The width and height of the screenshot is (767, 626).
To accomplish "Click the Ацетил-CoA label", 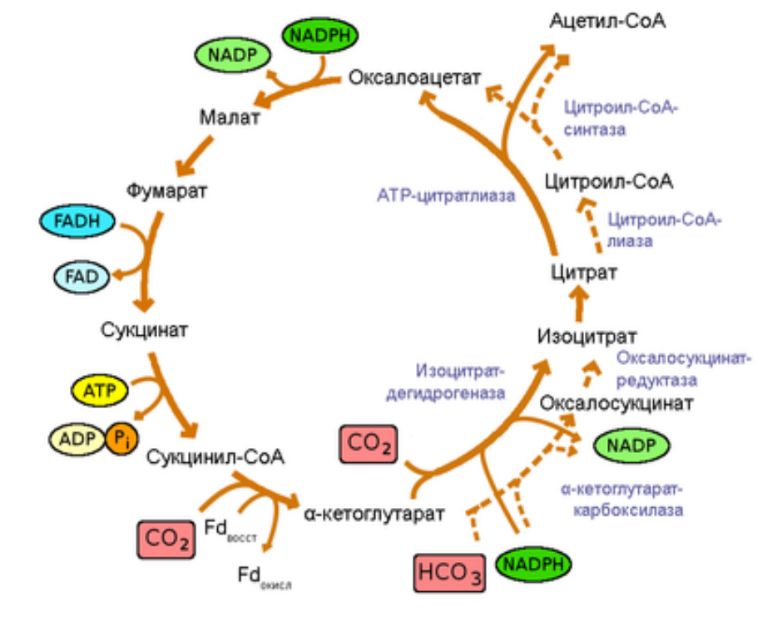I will pyautogui.click(x=607, y=20).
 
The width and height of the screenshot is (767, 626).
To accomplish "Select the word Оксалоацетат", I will pyautogui.click(x=415, y=78).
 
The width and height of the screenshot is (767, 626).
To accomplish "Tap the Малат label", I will pyautogui.click(x=230, y=116).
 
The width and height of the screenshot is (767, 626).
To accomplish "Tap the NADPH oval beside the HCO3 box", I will pyautogui.click(x=533, y=565).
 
